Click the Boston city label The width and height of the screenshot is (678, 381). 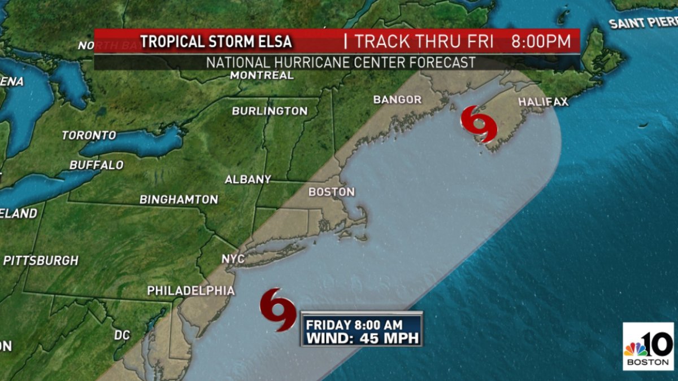[332, 192]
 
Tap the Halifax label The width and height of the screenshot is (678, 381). [543, 102]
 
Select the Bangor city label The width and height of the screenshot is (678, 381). [397, 100]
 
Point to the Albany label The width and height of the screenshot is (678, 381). [248, 179]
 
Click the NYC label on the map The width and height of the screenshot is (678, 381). [233, 259]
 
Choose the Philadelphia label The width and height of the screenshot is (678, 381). [191, 291]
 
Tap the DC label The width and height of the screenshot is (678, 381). [122, 335]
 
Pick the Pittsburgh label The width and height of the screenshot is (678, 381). [41, 261]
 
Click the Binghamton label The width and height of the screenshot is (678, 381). [179, 200]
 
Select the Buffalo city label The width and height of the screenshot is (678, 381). [96, 165]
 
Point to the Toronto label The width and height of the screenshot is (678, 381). [89, 135]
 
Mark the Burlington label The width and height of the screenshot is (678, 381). [270, 111]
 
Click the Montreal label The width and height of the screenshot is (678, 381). [262, 75]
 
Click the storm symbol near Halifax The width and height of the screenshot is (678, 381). [479, 124]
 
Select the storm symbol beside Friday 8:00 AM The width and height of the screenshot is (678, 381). [278, 309]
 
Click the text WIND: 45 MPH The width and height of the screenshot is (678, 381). [362, 338]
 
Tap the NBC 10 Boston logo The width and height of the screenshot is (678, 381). [648, 346]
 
